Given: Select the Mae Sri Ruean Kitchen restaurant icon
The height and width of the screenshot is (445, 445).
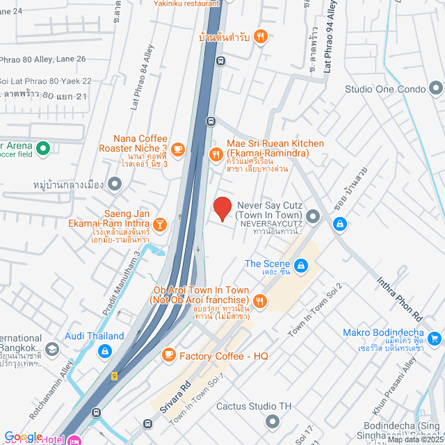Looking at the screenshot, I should [216, 154].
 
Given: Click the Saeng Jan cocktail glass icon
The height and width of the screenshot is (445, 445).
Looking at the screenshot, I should [161, 224].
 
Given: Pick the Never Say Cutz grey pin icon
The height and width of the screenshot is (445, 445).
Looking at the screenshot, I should [313, 217].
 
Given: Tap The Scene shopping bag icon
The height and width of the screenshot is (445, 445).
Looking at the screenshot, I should [301, 265].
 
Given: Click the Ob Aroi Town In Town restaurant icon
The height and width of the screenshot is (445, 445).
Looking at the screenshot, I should [260, 300].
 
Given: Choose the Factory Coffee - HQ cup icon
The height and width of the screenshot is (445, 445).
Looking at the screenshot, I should [168, 355].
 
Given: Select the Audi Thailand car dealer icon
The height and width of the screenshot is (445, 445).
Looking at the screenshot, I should [104, 351].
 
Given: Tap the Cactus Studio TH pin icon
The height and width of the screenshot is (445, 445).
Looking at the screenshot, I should [272, 421].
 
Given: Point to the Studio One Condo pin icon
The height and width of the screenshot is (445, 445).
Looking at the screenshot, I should [436, 88].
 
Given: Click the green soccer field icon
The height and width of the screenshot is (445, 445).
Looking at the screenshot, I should [42, 148].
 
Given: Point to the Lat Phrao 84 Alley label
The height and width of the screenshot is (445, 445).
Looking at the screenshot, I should [141, 78].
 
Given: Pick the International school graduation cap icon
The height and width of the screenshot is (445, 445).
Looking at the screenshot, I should [51, 348].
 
